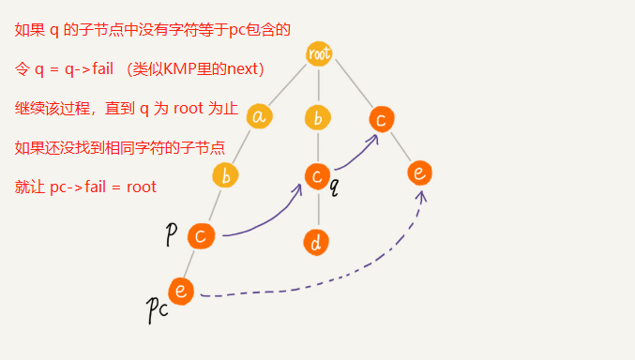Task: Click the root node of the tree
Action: pos(320,53)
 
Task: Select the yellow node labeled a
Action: pos(260,116)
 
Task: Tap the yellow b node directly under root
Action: pos(319,118)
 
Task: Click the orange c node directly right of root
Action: pos(380,119)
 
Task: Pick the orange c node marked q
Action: pos(318,175)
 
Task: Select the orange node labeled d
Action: pos(316,242)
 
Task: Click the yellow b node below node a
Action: pos(225,175)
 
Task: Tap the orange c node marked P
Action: pos(201,235)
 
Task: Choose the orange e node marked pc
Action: pos(181,291)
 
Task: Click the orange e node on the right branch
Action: pos(419,172)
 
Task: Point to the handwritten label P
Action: pos(172,234)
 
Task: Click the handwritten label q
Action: pos(334,187)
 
